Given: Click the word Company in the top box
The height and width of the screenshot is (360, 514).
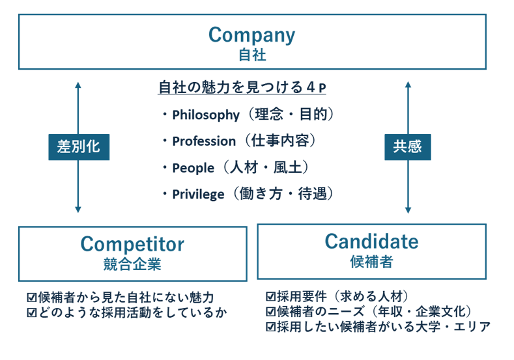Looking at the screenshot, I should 251,34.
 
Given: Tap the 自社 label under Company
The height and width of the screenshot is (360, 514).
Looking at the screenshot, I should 251,55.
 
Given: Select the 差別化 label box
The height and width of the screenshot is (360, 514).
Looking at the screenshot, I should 78,146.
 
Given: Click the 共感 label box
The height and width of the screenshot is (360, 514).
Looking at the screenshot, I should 407,146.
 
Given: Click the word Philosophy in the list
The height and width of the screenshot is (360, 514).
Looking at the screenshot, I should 206,115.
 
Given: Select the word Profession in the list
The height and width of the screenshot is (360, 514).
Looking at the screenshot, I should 204,141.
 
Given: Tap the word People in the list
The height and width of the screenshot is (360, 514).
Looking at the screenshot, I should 193,168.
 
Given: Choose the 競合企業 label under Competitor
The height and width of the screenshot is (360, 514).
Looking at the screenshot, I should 132,265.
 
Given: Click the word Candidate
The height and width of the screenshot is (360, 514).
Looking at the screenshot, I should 371,242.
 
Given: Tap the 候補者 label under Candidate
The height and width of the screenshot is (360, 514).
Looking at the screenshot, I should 371,262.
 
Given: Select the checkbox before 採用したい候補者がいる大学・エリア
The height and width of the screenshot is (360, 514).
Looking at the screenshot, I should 271,327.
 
